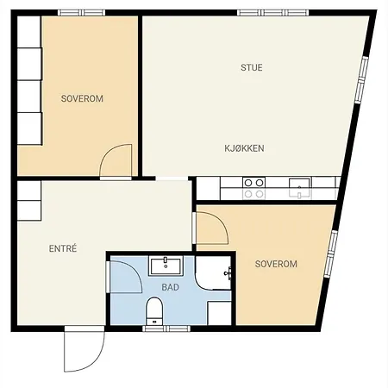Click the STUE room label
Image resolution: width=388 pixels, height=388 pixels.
point(252,67)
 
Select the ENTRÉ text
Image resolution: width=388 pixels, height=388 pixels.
point(63,248)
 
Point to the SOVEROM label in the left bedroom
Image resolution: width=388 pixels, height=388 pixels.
point(82,99)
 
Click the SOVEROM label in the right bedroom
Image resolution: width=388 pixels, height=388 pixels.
point(276,264)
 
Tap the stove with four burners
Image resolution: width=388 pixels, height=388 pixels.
point(253,188)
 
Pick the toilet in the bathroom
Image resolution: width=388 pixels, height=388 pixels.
point(154,310)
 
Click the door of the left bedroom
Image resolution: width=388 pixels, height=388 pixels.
point(116,161)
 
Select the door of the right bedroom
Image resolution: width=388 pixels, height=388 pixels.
point(210,226)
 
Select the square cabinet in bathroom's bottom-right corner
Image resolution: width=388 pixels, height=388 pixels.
point(220,312)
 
